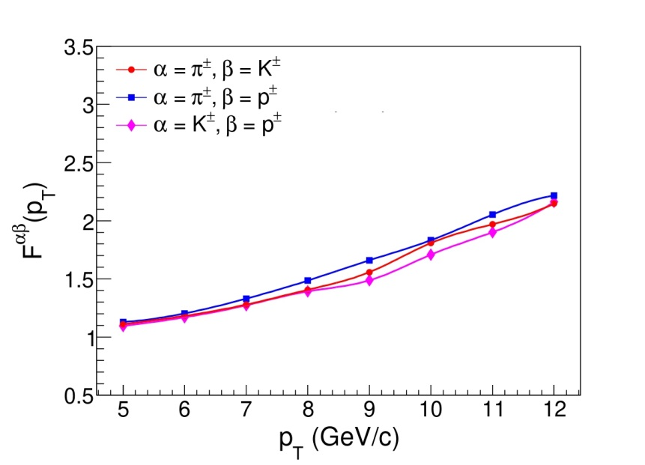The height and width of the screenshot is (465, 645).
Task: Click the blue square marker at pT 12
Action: pyautogui.click(x=554, y=195)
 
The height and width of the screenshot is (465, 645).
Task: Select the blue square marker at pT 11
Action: pyautogui.click(x=493, y=215)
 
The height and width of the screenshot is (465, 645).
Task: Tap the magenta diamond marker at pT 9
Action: pyautogui.click(x=370, y=281)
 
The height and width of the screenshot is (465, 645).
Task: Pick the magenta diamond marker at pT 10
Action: pyautogui.click(x=431, y=255)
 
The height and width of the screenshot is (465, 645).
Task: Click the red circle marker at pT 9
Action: pyautogui.click(x=370, y=272)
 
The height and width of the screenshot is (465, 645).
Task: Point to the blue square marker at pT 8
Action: pyautogui.click(x=308, y=281)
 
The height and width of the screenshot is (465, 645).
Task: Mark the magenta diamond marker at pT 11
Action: pyautogui.click(x=493, y=232)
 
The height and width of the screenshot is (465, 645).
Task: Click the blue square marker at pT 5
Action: pyautogui.click(x=124, y=322)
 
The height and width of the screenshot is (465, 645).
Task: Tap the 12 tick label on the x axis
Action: pyautogui.click(x=554, y=412)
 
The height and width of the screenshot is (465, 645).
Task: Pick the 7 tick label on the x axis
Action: pyautogui.click(x=246, y=412)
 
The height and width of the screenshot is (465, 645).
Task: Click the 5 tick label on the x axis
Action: pyautogui.click(x=124, y=412)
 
